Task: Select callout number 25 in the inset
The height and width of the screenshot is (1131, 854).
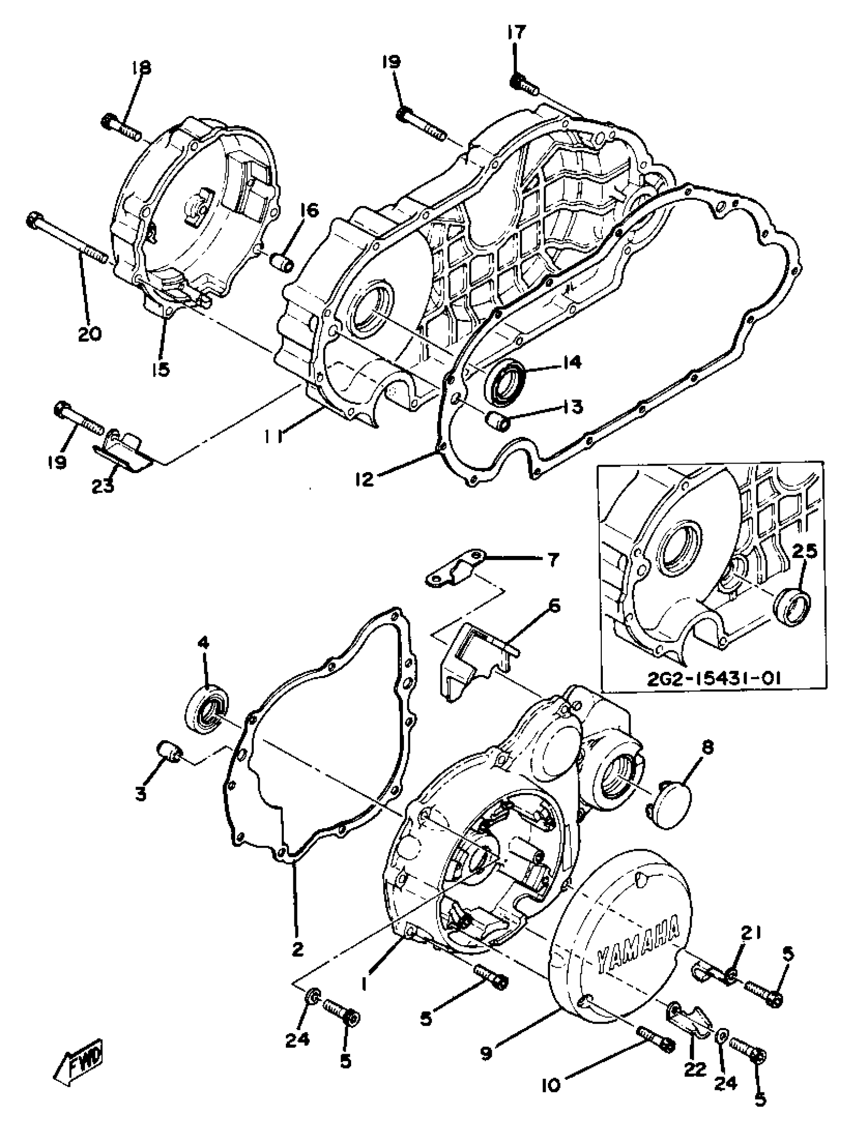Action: pyautogui.click(x=805, y=553)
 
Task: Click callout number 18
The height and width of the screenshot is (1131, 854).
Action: pyautogui.click(x=141, y=67)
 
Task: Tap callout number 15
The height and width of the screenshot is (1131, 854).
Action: pyautogui.click(x=162, y=369)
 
